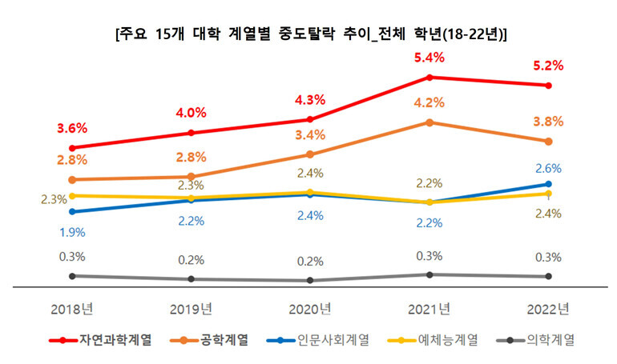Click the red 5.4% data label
click(x=429, y=58)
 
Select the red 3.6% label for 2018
click(x=72, y=128)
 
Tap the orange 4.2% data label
click(x=429, y=102)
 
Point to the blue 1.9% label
click(x=72, y=232)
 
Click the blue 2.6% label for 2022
click(x=547, y=168)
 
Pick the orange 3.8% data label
click(x=547, y=122)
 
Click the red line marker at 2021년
click(x=429, y=78)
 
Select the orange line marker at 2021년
click(x=429, y=122)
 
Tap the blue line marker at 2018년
click(x=72, y=212)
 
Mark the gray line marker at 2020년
click(x=310, y=281)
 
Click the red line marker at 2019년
click(x=191, y=133)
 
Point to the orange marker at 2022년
click(x=547, y=142)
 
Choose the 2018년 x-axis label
click(x=72, y=309)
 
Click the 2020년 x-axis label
click(x=310, y=309)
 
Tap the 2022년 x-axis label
click(x=547, y=309)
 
